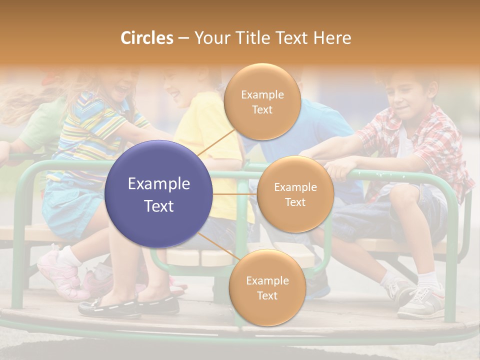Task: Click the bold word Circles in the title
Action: pyautogui.click(x=147, y=38)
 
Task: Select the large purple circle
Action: pyautogui.click(x=159, y=194)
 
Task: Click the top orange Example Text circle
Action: pyautogui.click(x=262, y=101)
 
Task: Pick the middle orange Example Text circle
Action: pyautogui.click(x=295, y=194)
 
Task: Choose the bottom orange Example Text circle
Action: pyautogui.click(x=267, y=287)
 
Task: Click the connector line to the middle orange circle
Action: pyautogui.click(x=234, y=194)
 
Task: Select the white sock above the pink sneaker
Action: pyautogui.click(x=69, y=256)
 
